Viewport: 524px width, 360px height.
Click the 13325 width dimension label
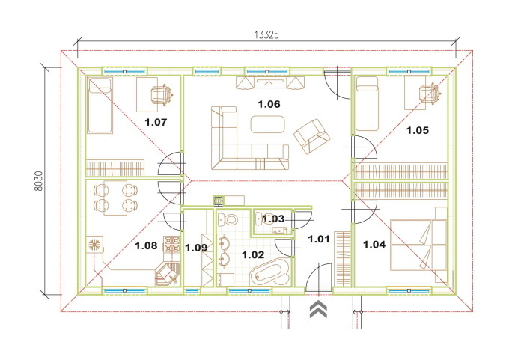click(x=266, y=34)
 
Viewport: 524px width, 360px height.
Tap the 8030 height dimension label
click(x=39, y=181)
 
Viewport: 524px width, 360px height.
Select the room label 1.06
click(x=269, y=104)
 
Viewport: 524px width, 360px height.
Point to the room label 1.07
click(x=156, y=122)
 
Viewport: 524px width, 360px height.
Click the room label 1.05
click(x=418, y=130)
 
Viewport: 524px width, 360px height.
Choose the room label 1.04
click(x=374, y=245)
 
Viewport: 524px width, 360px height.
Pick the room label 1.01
click(x=319, y=240)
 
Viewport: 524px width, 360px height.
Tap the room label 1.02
click(x=253, y=255)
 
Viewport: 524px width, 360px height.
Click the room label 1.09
click(x=196, y=248)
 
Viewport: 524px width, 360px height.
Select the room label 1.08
click(x=146, y=246)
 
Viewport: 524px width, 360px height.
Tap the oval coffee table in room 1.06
click(x=268, y=124)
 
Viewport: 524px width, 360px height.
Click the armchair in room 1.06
click(x=311, y=136)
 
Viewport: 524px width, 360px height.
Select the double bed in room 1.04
click(x=418, y=245)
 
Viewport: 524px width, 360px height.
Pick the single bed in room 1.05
click(x=368, y=104)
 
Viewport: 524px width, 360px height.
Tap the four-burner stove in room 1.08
click(x=171, y=244)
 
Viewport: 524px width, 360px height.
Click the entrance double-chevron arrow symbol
click(x=318, y=309)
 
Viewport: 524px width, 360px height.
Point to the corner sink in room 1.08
click(x=168, y=274)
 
